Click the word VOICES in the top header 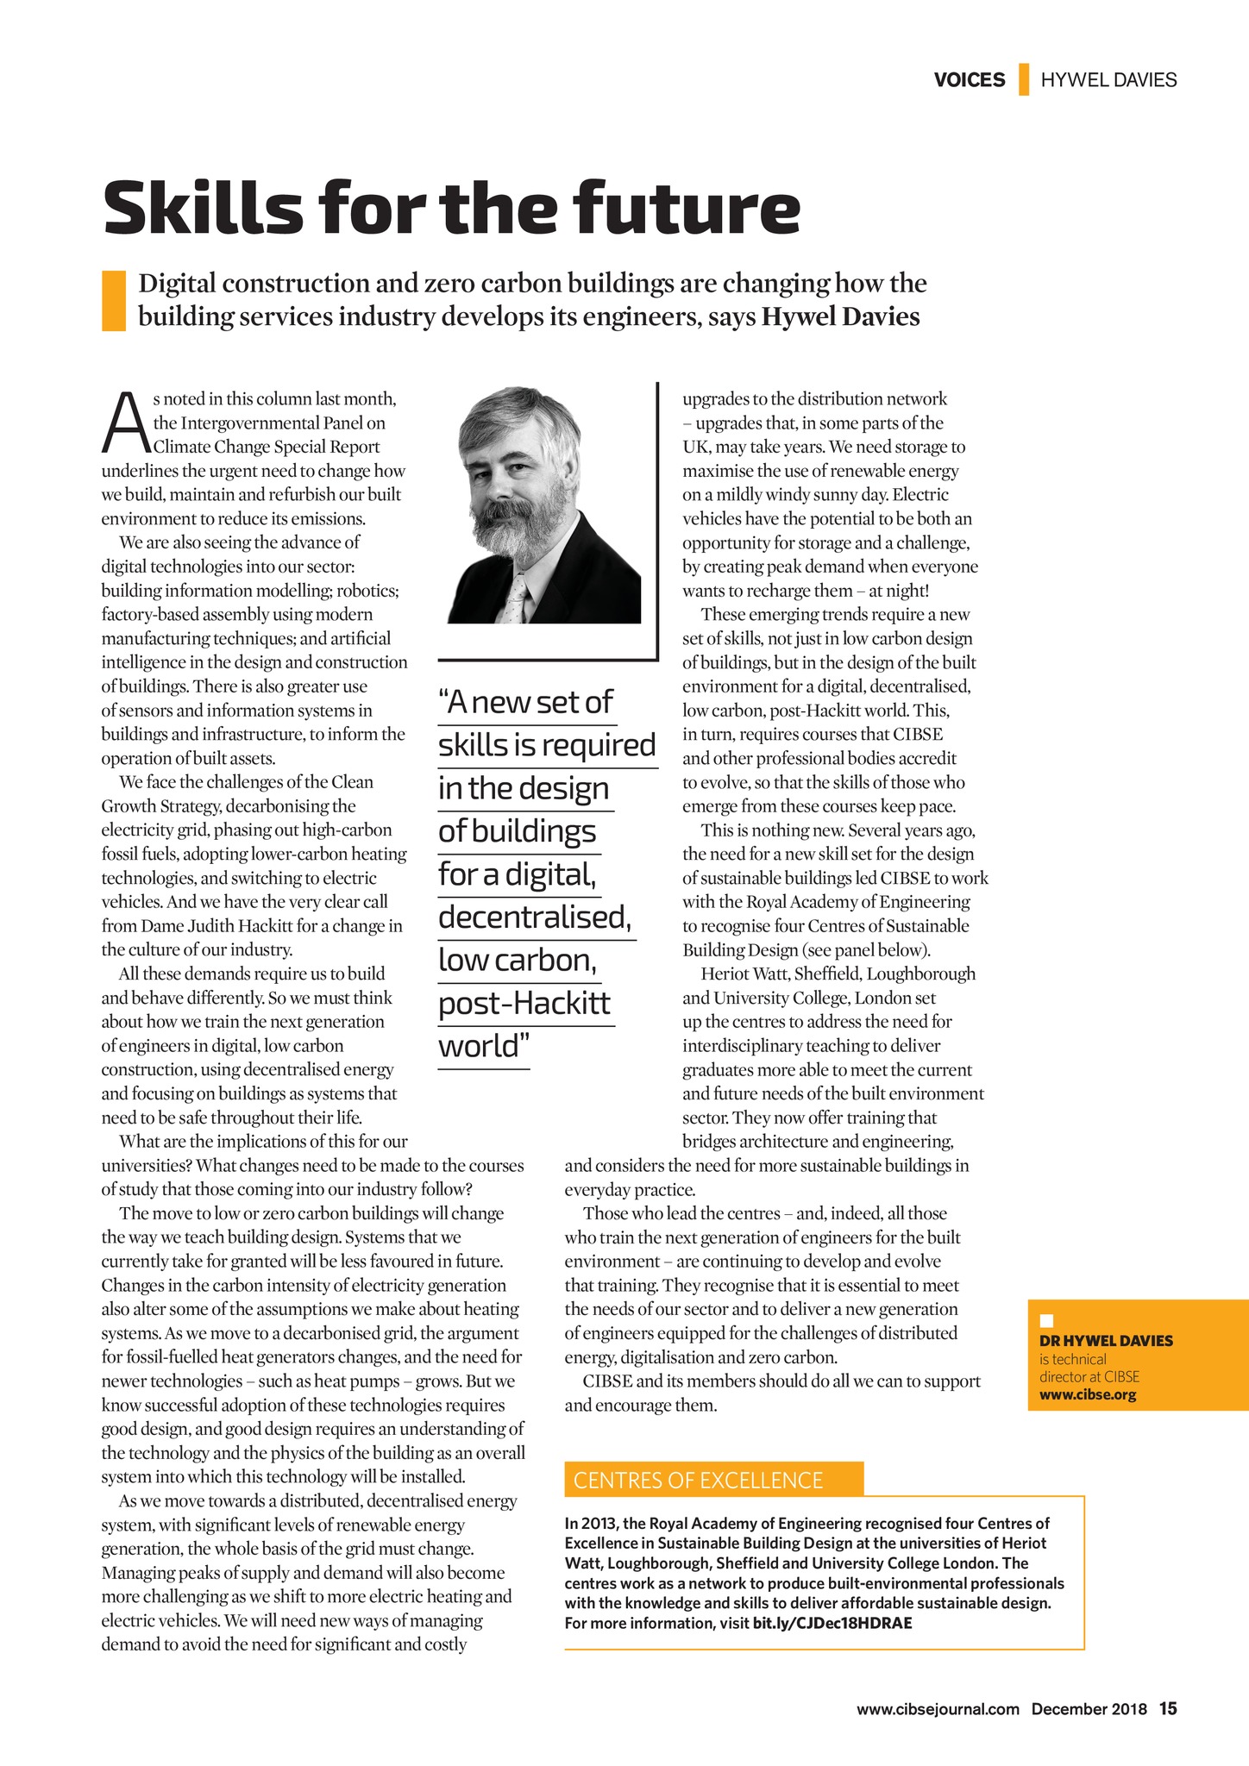tap(969, 80)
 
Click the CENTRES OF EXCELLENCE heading tap(698, 1481)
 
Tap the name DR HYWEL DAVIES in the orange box tap(1106, 1341)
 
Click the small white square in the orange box tap(1047, 1320)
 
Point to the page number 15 tap(1168, 1708)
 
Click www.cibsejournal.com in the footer tap(938, 1709)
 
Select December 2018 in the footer tap(1089, 1709)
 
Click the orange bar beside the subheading tap(113, 300)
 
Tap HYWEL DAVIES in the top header tap(1108, 80)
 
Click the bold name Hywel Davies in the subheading tap(840, 317)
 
